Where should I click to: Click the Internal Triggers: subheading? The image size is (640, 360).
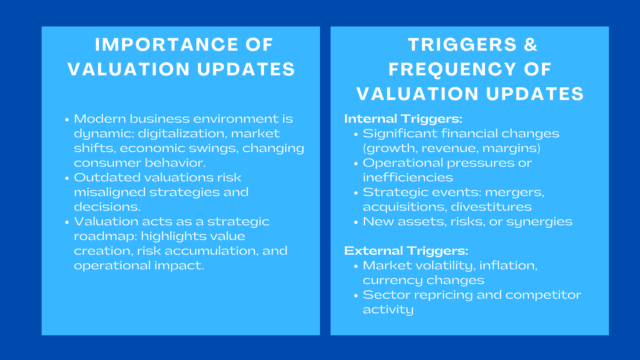pos(403,119)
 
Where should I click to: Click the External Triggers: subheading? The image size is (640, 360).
pos(406,251)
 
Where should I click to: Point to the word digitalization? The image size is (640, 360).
pos(182,133)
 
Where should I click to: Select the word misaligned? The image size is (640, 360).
pos(110,192)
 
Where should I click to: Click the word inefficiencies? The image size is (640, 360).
pos(408,177)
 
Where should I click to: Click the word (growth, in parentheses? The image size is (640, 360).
pos(390,148)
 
